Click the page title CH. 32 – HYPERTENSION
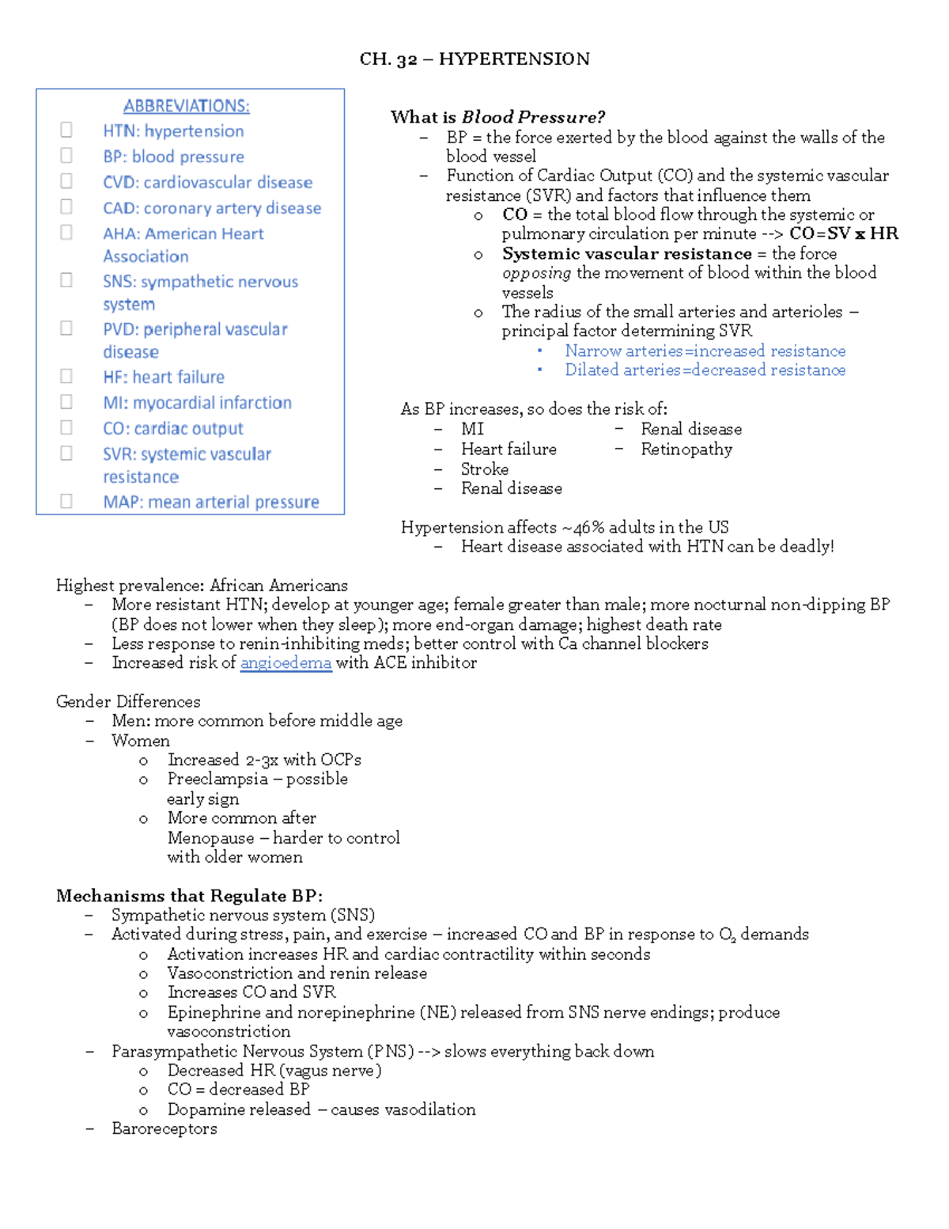(x=475, y=59)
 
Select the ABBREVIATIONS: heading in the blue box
(x=186, y=106)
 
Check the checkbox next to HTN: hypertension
(x=66, y=130)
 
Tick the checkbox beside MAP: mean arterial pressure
(x=66, y=501)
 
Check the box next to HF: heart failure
(x=66, y=376)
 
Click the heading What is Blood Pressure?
(x=497, y=117)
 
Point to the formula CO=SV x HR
(x=843, y=233)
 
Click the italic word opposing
(x=536, y=273)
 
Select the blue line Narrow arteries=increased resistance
(x=705, y=351)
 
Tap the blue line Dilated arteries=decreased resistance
(x=705, y=370)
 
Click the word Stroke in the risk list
(x=485, y=468)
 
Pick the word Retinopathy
(x=686, y=449)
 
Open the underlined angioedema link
(x=285, y=663)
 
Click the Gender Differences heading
(x=128, y=701)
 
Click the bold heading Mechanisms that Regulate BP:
(x=189, y=896)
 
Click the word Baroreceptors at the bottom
(x=164, y=1128)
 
